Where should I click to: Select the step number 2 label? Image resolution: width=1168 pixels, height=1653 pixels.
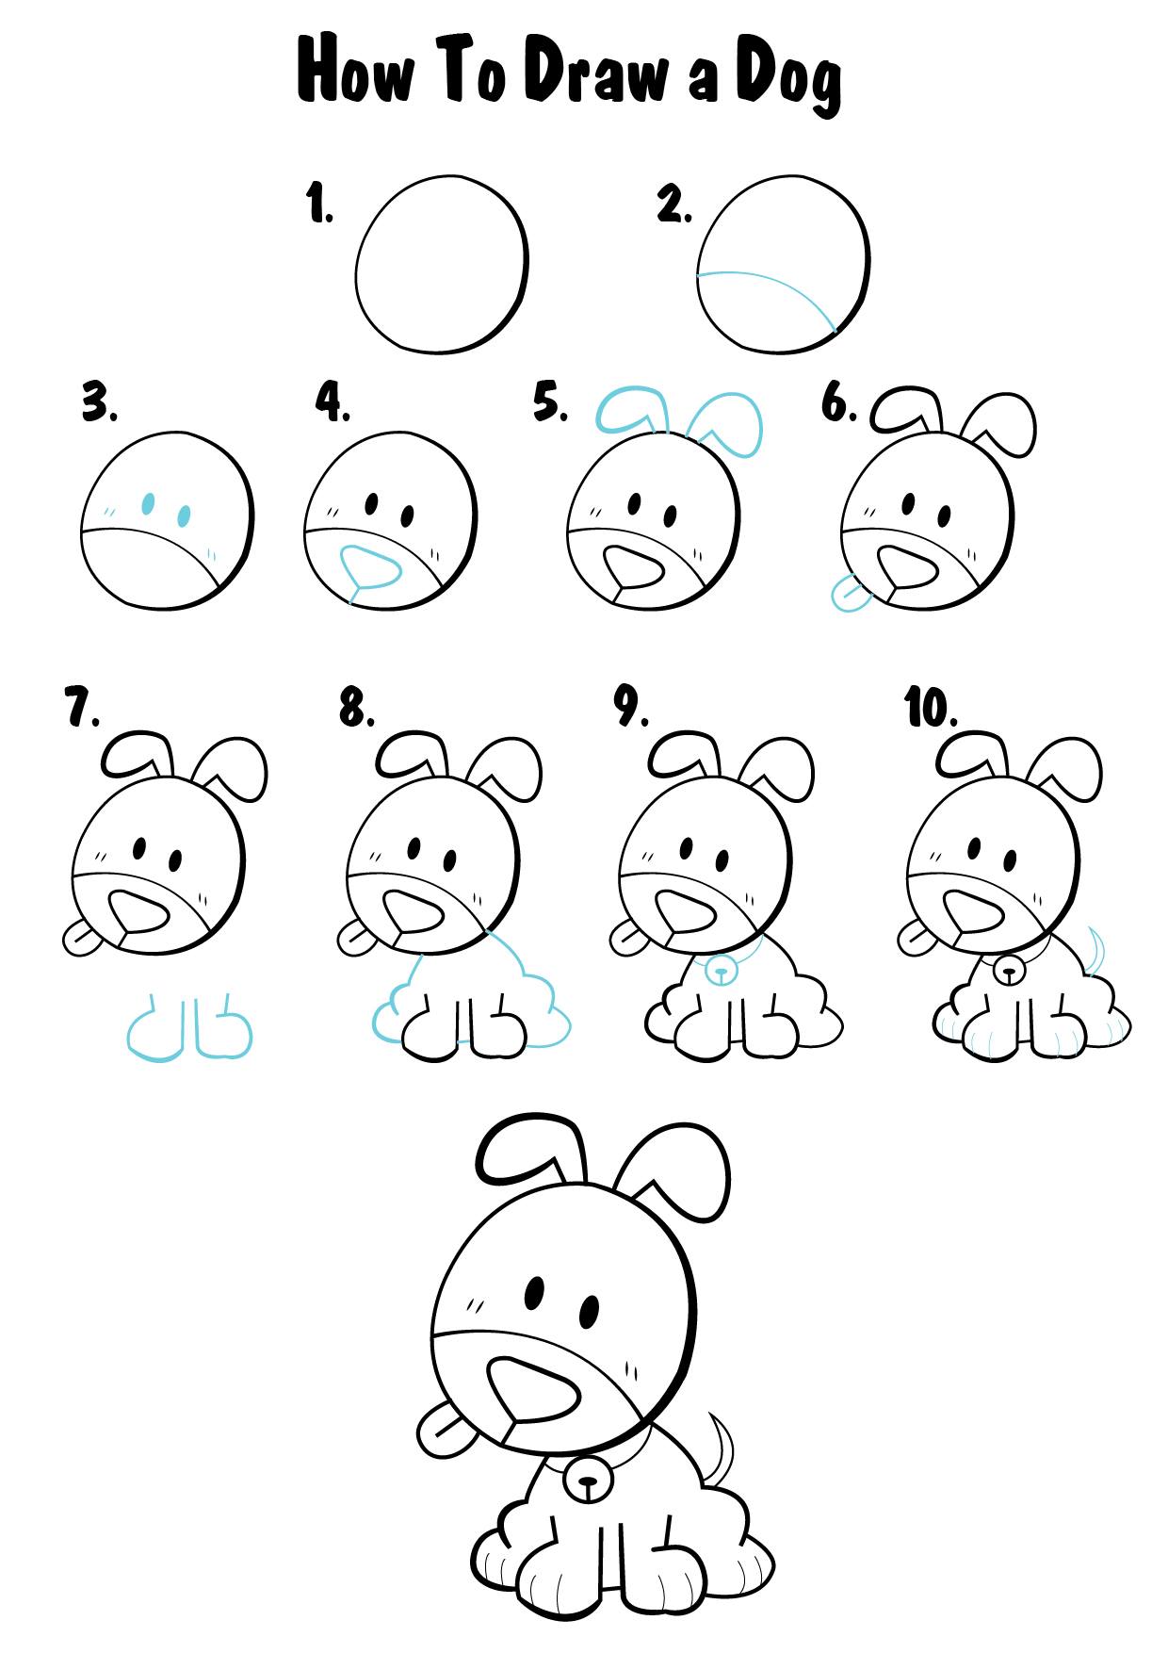[x=674, y=205]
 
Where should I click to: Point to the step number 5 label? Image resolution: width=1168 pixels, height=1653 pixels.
[x=551, y=402]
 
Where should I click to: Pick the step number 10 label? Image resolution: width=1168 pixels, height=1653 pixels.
[x=931, y=708]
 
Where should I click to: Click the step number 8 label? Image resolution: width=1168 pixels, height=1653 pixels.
[x=357, y=708]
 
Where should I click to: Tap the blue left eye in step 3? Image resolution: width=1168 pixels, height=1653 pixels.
[x=147, y=503]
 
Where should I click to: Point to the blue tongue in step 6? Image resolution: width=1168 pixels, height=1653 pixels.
[x=848, y=596]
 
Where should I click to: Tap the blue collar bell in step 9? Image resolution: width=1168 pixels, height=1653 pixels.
[x=721, y=969]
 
